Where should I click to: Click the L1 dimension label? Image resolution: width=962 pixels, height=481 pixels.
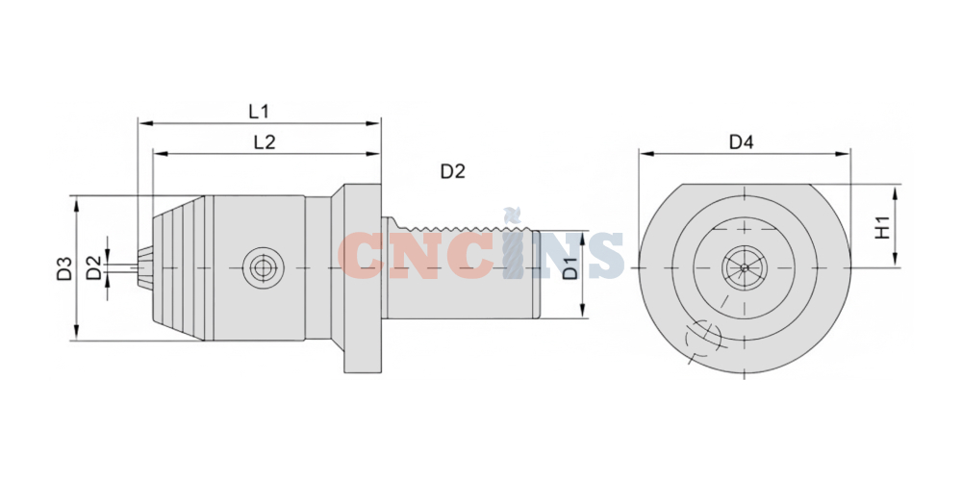pyautogui.click(x=258, y=111)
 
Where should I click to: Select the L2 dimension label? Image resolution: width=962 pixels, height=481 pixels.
pyautogui.click(x=265, y=142)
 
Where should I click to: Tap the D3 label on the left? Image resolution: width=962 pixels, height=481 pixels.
pyautogui.click(x=65, y=268)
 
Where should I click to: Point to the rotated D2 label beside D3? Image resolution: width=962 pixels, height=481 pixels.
pyautogui.click(x=93, y=268)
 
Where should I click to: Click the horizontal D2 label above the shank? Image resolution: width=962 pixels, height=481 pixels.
pyautogui.click(x=453, y=172)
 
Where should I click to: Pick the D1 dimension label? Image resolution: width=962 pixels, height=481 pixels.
pyautogui.click(x=570, y=268)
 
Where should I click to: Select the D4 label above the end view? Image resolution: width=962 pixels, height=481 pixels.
pyautogui.click(x=741, y=142)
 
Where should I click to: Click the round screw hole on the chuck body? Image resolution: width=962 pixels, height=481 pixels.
pyautogui.click(x=264, y=268)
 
